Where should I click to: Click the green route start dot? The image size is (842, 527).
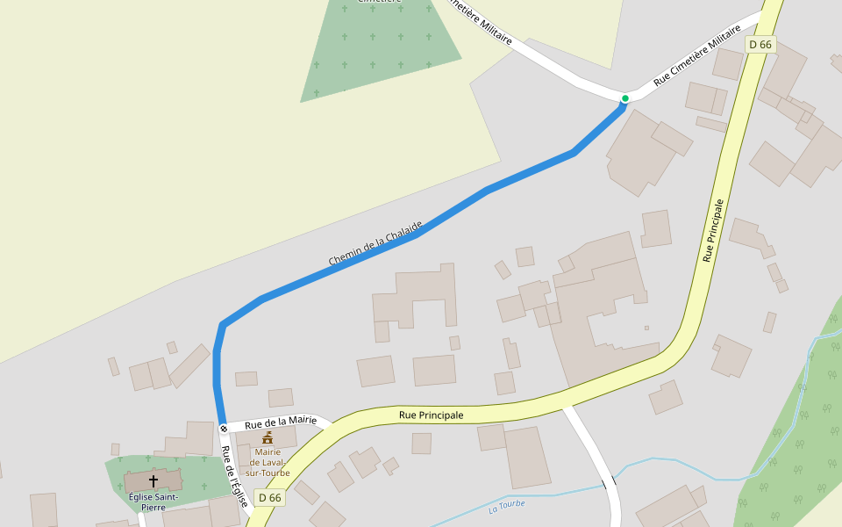624,98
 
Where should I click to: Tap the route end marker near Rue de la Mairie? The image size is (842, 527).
224,429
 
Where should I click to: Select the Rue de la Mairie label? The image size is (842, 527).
281,422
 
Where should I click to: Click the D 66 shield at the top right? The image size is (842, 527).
760,44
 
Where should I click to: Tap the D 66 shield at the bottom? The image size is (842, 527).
269,498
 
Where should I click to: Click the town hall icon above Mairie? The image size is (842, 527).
268,437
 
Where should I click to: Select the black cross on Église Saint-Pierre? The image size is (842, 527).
153,480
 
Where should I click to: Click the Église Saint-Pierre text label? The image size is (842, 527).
153,502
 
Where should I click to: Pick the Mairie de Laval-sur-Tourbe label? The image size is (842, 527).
268,462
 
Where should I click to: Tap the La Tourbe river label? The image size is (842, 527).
506,506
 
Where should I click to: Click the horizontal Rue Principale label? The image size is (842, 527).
431,415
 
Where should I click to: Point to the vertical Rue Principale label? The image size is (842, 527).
714,230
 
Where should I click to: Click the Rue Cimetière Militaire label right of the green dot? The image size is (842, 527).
697,61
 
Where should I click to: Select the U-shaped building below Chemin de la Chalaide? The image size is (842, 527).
416,297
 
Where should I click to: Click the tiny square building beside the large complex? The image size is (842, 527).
646,328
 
